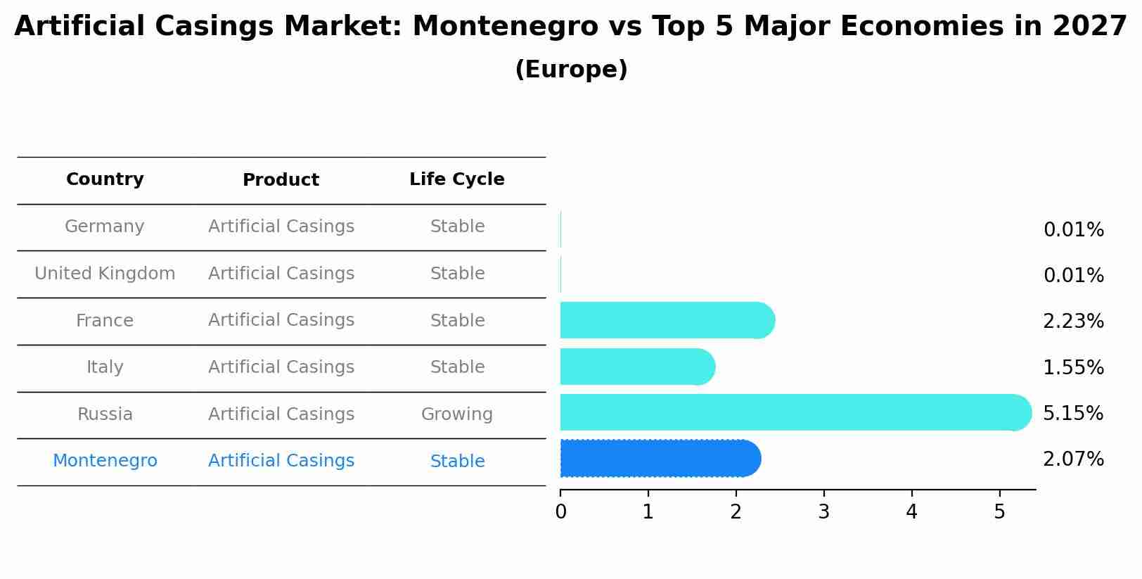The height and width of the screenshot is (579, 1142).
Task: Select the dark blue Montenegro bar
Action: click(x=660, y=459)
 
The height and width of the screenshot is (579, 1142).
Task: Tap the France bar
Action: click(x=667, y=321)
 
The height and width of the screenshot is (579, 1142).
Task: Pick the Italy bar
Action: click(x=637, y=367)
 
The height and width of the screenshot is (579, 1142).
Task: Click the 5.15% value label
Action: click(x=1073, y=413)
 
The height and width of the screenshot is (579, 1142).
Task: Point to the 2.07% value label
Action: click(x=1073, y=459)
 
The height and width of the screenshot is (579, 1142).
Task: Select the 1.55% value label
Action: click(x=1073, y=367)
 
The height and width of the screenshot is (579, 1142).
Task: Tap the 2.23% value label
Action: click(x=1073, y=322)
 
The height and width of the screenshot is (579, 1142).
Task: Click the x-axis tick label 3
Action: click(x=823, y=512)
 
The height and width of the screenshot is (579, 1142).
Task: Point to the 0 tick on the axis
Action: click(x=560, y=512)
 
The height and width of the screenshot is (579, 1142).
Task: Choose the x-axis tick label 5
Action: click(x=999, y=512)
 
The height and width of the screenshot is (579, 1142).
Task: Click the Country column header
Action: click(x=105, y=179)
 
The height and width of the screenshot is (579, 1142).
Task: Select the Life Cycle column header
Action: click(x=457, y=179)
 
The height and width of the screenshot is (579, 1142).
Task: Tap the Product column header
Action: click(x=281, y=180)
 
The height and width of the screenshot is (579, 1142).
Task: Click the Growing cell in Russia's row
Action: click(x=457, y=414)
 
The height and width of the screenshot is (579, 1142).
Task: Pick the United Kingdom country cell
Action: click(x=105, y=274)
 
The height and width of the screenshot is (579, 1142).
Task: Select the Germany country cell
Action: click(x=105, y=227)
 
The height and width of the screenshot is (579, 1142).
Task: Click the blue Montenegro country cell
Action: click(x=105, y=461)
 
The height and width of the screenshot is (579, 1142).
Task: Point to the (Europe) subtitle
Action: click(x=571, y=70)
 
